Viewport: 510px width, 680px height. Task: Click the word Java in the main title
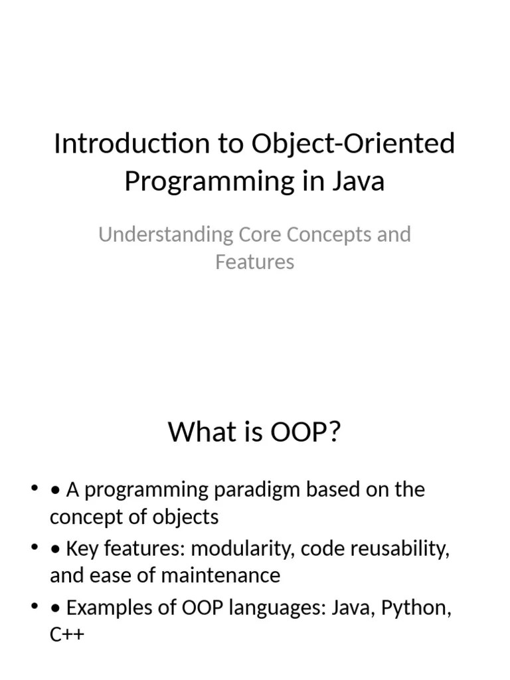[x=359, y=181]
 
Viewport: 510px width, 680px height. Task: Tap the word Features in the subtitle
[x=254, y=262]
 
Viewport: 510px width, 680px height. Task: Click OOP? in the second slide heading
[x=305, y=432]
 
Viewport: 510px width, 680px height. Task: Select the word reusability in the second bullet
[x=400, y=549]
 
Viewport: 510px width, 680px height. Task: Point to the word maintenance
[x=220, y=576]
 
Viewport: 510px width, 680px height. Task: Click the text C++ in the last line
[x=67, y=634]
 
